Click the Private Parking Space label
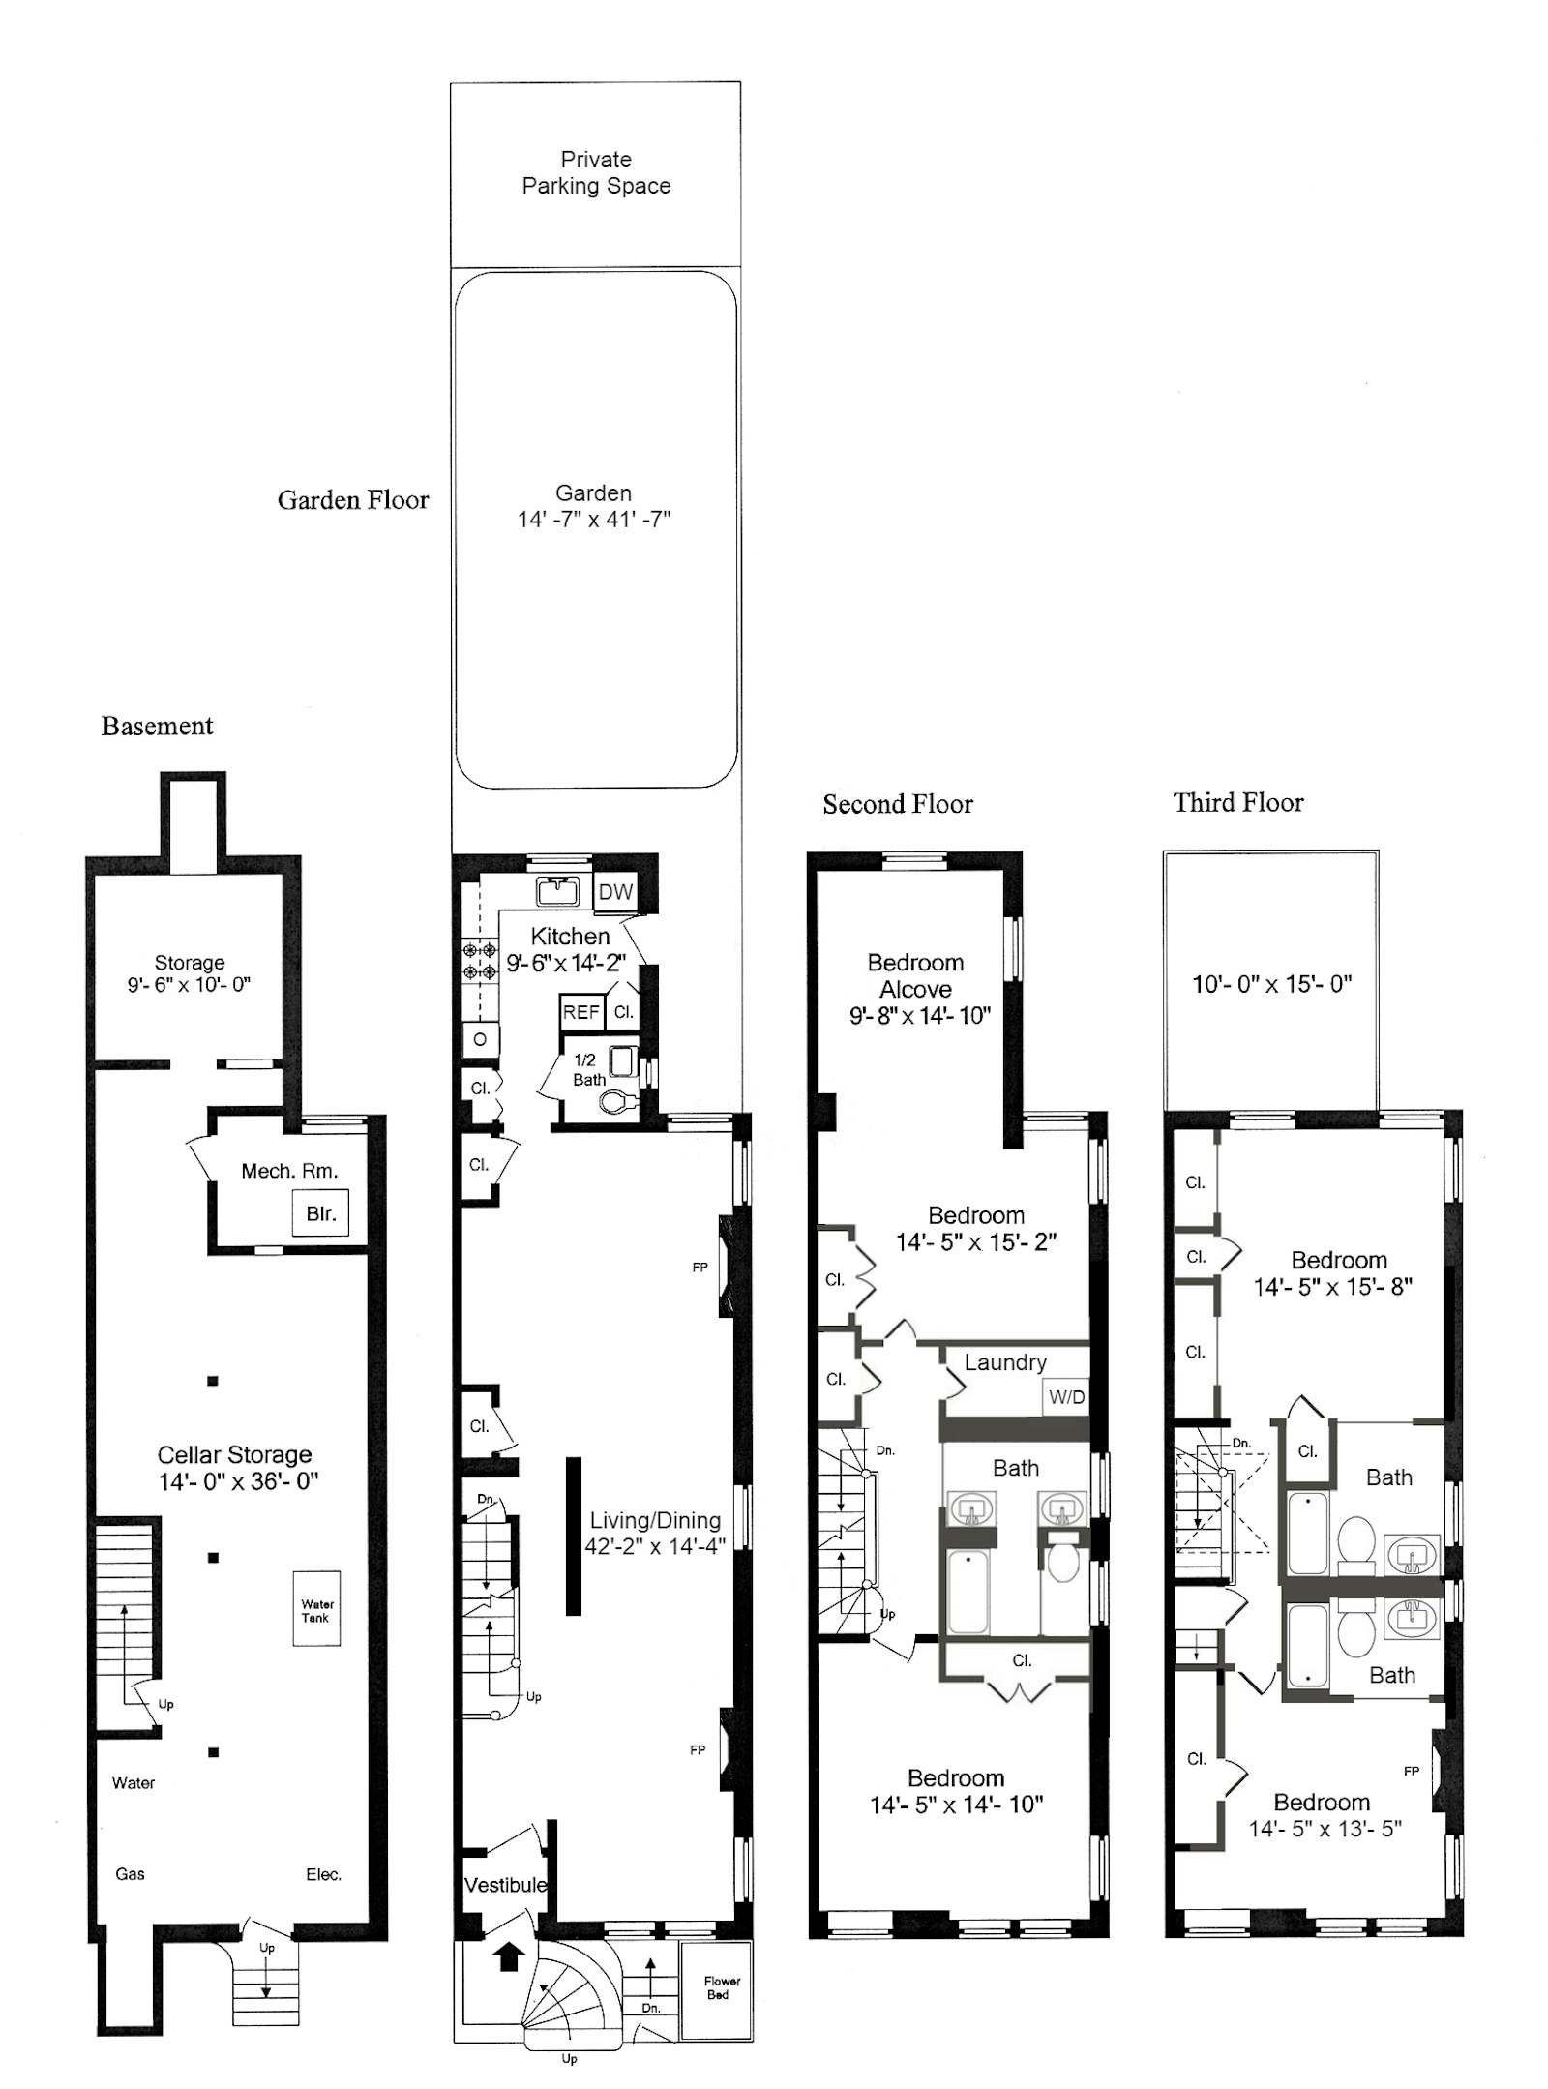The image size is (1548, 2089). coord(596,172)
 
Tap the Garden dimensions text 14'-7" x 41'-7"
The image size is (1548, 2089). coord(593,520)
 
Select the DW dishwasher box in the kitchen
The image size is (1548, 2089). coord(615,892)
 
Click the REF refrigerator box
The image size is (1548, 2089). coord(581,1012)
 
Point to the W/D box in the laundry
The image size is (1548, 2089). coord(1066,1397)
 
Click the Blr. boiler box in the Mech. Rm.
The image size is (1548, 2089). coord(320,1212)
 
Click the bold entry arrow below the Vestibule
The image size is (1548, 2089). coord(506,1957)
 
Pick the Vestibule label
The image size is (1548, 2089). coord(505,1885)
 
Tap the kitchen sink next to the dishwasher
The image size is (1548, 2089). coord(557,891)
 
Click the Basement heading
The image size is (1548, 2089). coord(157,726)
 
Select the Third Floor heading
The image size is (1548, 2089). coord(1238,802)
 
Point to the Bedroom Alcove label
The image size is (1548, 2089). coord(915,975)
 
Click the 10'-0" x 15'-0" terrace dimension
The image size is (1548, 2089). coord(1271,984)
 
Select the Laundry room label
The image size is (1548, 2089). coord(1005,1362)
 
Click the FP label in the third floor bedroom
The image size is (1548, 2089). coord(1412,1771)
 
